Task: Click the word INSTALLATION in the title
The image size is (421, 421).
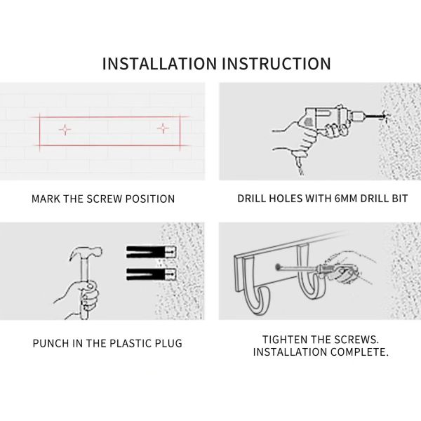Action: (x=159, y=64)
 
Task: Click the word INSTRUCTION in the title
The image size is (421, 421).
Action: (x=276, y=64)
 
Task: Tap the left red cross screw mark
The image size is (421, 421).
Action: (x=65, y=130)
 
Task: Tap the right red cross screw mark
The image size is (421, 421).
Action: (x=163, y=128)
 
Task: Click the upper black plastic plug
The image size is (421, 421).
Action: (x=152, y=252)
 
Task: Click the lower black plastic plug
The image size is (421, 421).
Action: (x=152, y=274)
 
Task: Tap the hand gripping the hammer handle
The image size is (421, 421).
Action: (x=81, y=298)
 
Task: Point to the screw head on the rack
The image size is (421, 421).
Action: (x=278, y=267)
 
